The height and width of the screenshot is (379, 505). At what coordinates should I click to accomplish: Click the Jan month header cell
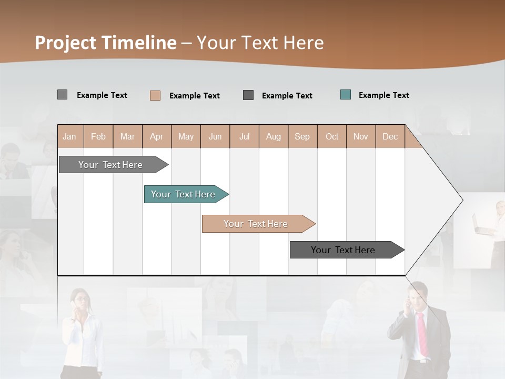click(x=70, y=136)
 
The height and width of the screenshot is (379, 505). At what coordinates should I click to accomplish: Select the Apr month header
click(x=157, y=136)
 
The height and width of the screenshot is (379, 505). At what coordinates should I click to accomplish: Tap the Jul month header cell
click(x=244, y=136)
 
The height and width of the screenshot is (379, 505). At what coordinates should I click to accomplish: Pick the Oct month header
click(x=332, y=136)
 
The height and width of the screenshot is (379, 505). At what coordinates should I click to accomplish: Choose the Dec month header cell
click(x=390, y=136)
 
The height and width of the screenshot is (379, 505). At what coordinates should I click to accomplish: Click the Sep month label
click(x=302, y=136)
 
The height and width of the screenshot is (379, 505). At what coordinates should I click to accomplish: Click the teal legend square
click(x=346, y=95)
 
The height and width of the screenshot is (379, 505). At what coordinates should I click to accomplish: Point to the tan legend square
click(x=155, y=95)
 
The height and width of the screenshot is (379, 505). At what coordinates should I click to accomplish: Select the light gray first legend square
click(x=63, y=95)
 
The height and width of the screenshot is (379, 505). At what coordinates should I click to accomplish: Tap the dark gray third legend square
click(x=248, y=95)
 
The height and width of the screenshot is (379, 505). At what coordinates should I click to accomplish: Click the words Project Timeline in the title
click(x=106, y=43)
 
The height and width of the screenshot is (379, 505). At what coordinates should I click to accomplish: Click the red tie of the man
click(x=422, y=334)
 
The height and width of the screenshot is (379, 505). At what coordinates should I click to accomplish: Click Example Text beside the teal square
click(x=383, y=95)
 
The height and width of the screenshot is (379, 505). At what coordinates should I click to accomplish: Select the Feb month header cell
click(x=98, y=136)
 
